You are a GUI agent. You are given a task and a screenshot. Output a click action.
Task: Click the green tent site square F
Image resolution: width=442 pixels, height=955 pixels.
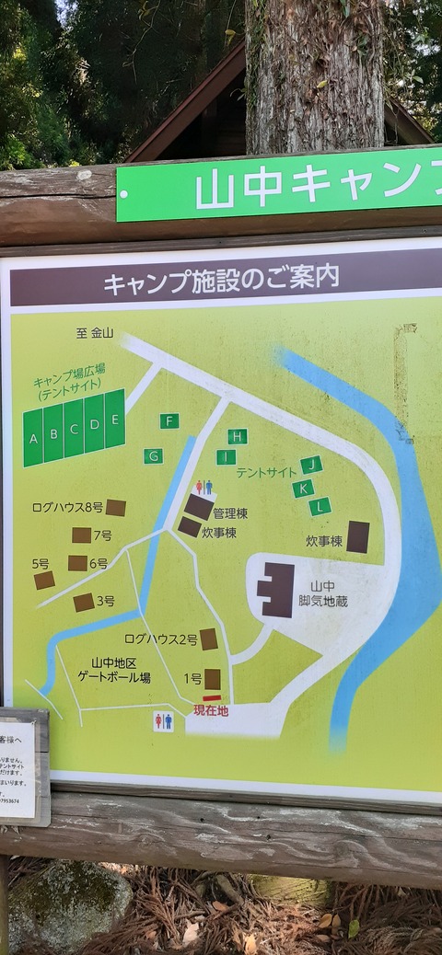[x=169, y=421]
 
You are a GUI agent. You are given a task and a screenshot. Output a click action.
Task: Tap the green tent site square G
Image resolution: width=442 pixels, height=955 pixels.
[x=153, y=455]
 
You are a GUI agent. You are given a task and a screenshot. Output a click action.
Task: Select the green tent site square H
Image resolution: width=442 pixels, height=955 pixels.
[x=238, y=436]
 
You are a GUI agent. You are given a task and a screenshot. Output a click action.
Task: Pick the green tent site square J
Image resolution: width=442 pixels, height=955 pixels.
[x=311, y=465]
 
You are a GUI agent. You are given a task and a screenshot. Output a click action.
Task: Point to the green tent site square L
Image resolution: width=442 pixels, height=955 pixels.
[x=320, y=506]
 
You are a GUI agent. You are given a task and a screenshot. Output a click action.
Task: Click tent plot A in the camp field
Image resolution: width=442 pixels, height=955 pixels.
[x=33, y=438]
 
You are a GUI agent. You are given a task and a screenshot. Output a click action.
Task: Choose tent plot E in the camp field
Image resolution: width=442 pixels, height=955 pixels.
[x=114, y=420]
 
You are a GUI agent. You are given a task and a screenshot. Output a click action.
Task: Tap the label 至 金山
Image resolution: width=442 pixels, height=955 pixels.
[x=95, y=333]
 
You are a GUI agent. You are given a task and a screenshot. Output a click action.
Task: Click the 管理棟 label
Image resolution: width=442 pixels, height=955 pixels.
[x=230, y=512]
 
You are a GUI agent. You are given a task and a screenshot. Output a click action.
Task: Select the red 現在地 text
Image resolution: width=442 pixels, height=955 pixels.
[x=211, y=710]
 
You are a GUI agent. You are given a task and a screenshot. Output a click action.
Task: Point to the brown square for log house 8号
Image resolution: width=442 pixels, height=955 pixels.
[x=115, y=508]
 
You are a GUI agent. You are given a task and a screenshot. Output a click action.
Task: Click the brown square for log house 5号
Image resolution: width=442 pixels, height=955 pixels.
[x=44, y=581]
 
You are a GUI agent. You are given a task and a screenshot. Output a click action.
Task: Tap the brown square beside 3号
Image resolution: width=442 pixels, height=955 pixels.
[x=84, y=603]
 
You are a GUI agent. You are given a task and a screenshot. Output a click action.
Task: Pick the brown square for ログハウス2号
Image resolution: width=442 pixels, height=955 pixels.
[x=209, y=639]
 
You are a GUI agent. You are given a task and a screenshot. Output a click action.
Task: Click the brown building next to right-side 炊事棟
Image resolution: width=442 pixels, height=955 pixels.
[x=357, y=537]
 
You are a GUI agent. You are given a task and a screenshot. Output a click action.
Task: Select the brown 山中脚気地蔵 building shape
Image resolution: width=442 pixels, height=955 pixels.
[x=277, y=590]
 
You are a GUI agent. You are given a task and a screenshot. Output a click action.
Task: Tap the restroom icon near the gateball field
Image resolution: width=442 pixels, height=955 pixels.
[x=163, y=721]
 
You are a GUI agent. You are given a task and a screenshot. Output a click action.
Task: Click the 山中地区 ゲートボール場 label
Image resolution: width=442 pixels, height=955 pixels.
[x=121, y=670]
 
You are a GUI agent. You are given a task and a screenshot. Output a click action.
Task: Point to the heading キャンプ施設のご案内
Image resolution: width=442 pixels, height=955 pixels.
[x=221, y=278]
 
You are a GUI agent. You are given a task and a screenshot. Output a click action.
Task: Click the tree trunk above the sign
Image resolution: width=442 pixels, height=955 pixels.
[x=313, y=74]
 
